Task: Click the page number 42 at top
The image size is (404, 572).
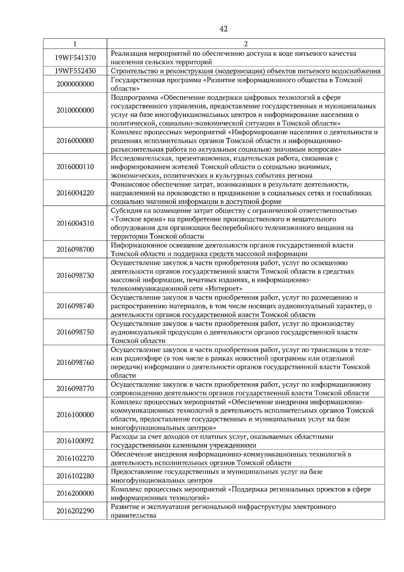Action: coord(223,29)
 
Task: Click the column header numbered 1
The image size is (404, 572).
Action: coord(75,44)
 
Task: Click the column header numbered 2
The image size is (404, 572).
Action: coord(245,44)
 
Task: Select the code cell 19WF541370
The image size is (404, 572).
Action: coord(75,58)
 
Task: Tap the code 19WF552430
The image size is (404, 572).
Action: coord(75,71)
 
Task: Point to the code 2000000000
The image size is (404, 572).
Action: coord(75,84)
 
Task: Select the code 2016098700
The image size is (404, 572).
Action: coord(75,250)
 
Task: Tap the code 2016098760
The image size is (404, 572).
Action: coord(75,363)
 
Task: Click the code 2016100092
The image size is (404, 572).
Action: coord(75,441)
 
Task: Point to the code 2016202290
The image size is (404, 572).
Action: coord(75,511)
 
